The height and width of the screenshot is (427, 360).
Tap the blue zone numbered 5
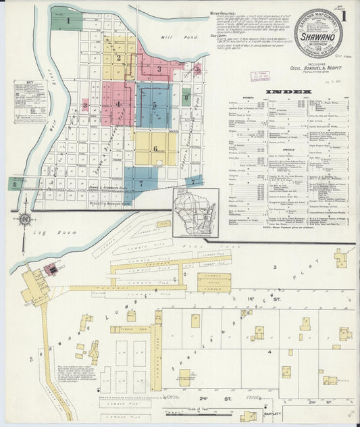154,105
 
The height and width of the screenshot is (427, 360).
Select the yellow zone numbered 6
155,149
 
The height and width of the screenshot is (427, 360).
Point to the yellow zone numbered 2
119,57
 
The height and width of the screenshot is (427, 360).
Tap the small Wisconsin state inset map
194,211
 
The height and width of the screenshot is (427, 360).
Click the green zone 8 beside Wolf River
14,183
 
